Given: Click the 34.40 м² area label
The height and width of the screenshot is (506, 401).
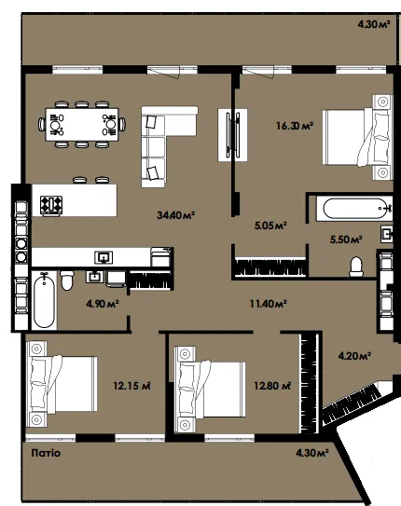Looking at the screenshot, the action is point(175,214).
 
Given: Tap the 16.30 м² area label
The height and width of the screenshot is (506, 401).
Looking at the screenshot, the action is point(295,125).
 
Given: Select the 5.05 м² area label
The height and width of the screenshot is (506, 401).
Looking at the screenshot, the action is point(270,226).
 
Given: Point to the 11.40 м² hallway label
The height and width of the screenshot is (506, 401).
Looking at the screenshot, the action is point(268,304).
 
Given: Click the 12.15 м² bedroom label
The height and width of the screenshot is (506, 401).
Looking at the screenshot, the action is point(131,386).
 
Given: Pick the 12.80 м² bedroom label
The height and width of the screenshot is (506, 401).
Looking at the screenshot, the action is point(272,386).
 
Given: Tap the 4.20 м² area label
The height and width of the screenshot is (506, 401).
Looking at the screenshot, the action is point(354,356).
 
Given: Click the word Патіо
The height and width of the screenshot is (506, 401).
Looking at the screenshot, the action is point(46,453).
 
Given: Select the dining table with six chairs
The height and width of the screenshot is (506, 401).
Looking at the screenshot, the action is point(82,125).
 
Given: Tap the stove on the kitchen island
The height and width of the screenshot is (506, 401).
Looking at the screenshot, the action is point(51,205).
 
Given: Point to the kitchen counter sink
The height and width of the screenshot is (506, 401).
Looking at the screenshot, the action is point(104,257).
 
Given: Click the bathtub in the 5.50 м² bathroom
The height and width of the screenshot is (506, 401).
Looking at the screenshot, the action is point(354,209).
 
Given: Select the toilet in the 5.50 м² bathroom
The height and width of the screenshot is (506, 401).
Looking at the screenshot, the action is point(356,267).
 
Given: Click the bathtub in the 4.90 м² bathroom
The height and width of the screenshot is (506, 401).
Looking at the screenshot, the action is point(44,300).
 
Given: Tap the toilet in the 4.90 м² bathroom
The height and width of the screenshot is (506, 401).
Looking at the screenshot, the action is point(67,280).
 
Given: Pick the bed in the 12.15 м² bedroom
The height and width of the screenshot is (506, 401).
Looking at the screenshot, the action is point(62,384).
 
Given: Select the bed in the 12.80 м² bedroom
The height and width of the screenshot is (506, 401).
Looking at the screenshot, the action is point(210,390).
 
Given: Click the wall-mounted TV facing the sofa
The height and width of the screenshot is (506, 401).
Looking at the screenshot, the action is point(232,135).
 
